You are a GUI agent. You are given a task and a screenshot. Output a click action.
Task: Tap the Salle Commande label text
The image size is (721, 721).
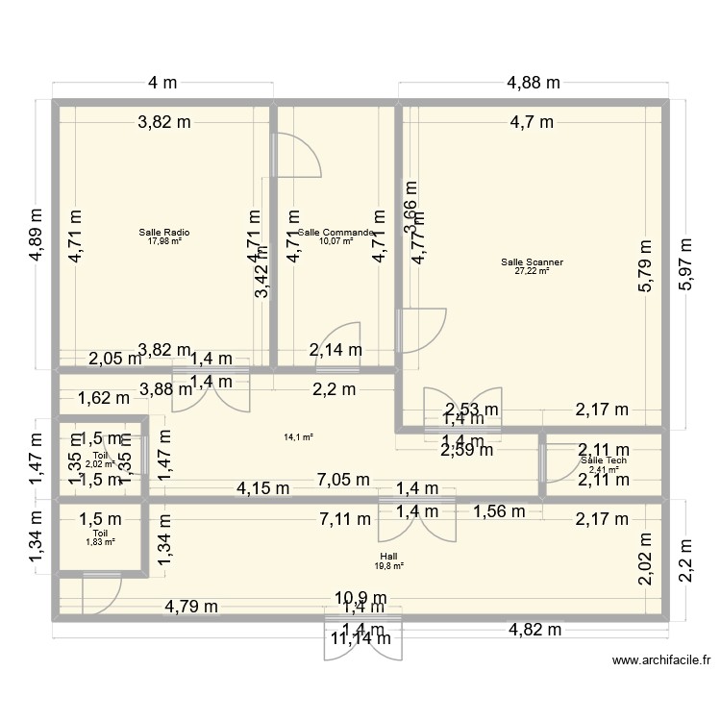336,232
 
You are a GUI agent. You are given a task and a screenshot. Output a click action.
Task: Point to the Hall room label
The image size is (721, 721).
389,557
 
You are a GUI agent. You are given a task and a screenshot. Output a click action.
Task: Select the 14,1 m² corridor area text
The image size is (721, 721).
298,437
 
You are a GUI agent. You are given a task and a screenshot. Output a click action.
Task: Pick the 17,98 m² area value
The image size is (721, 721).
164,241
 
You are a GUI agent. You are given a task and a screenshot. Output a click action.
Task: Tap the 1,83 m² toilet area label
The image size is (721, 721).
101,542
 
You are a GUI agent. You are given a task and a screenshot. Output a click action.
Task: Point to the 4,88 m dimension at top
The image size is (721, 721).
534,83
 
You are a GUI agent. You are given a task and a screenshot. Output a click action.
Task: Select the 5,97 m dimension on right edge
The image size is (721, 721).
689,264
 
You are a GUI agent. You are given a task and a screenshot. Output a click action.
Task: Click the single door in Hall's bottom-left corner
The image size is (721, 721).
100,594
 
